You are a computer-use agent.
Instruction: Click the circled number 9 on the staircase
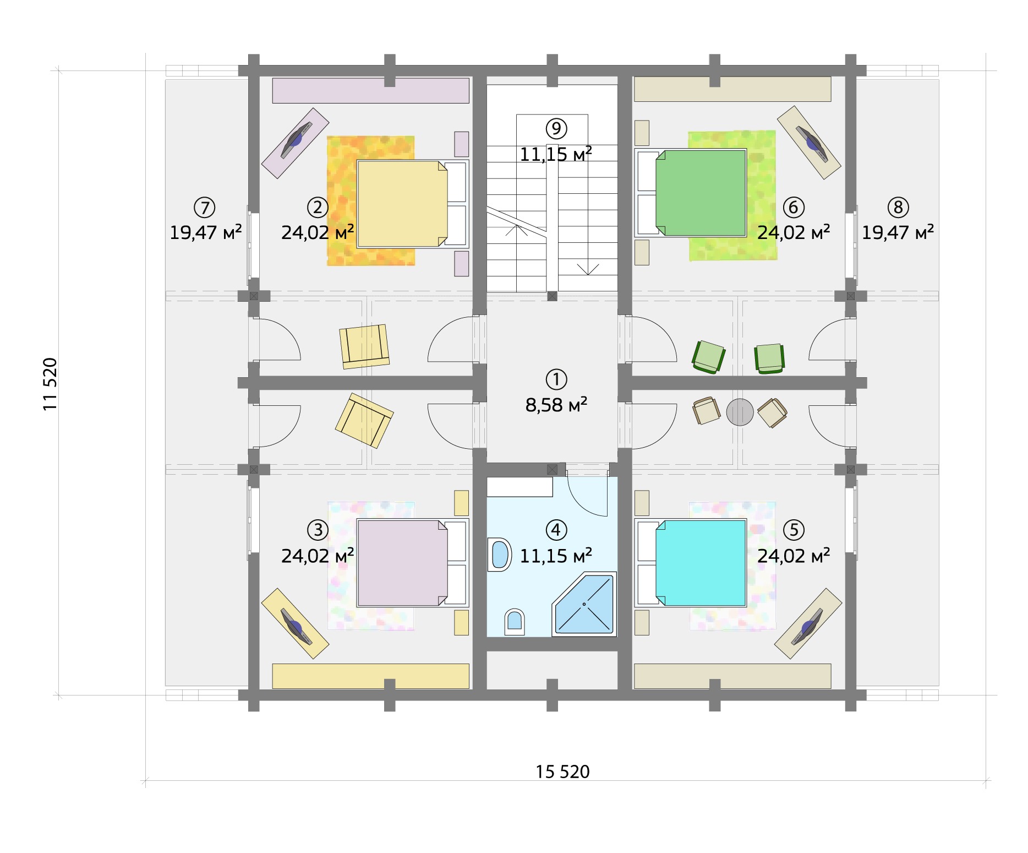pos(556,129)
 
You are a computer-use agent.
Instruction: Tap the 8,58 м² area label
pos(556,405)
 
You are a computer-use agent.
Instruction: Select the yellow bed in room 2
pos(412,203)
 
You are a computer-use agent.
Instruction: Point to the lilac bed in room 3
pos(412,563)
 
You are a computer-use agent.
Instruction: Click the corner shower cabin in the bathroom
pos(584,604)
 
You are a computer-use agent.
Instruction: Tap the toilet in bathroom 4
pos(515,622)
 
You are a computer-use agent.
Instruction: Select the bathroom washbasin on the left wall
pos(500,554)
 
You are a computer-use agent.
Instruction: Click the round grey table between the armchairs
pos(740,412)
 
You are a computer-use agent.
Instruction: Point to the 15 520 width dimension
pos(562,772)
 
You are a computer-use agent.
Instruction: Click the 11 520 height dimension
pos(50,384)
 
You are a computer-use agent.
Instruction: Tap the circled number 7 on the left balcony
pos(205,208)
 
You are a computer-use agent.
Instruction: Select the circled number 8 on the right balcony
pos(898,208)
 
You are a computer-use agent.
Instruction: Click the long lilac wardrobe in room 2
pos(371,90)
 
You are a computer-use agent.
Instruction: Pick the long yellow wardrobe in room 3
pos(371,676)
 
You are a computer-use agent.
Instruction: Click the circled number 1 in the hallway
pos(556,379)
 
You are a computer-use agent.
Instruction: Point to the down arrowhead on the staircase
pos(588,269)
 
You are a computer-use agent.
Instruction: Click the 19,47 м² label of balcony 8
pos(898,232)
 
